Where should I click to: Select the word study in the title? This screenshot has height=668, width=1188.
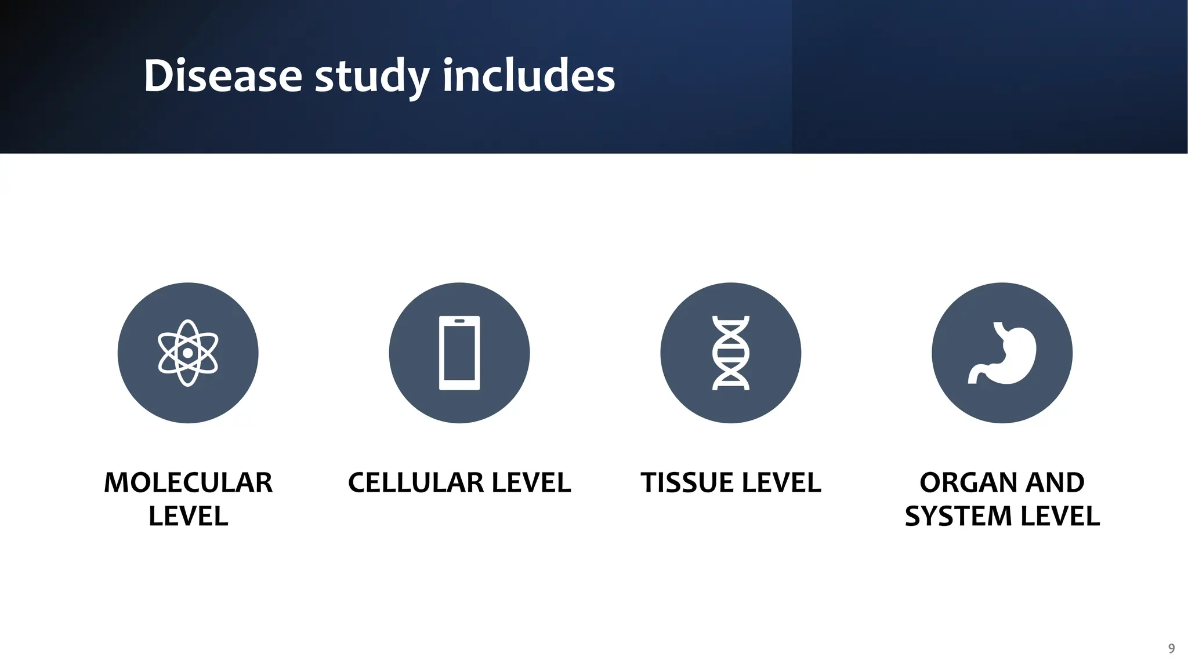coord(372,77)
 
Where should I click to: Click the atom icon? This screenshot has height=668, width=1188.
coord(188,353)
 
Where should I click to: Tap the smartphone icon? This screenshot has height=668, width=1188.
coord(459,353)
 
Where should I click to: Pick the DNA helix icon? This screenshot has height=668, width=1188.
coord(731,353)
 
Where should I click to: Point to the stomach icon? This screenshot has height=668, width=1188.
coord(1002,353)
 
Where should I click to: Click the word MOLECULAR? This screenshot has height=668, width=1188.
coord(188,482)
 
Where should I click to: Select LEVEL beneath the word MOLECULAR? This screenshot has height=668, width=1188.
coord(188,516)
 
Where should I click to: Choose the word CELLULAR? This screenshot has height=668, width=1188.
coord(415,482)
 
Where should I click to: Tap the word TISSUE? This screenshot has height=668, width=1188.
coord(682,482)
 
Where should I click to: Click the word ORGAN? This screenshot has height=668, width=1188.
coord(966,482)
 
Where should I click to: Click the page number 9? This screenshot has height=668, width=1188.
coord(1171,648)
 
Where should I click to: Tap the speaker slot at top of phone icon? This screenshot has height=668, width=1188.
coord(459,321)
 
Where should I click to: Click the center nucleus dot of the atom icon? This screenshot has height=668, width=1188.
coord(188,353)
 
